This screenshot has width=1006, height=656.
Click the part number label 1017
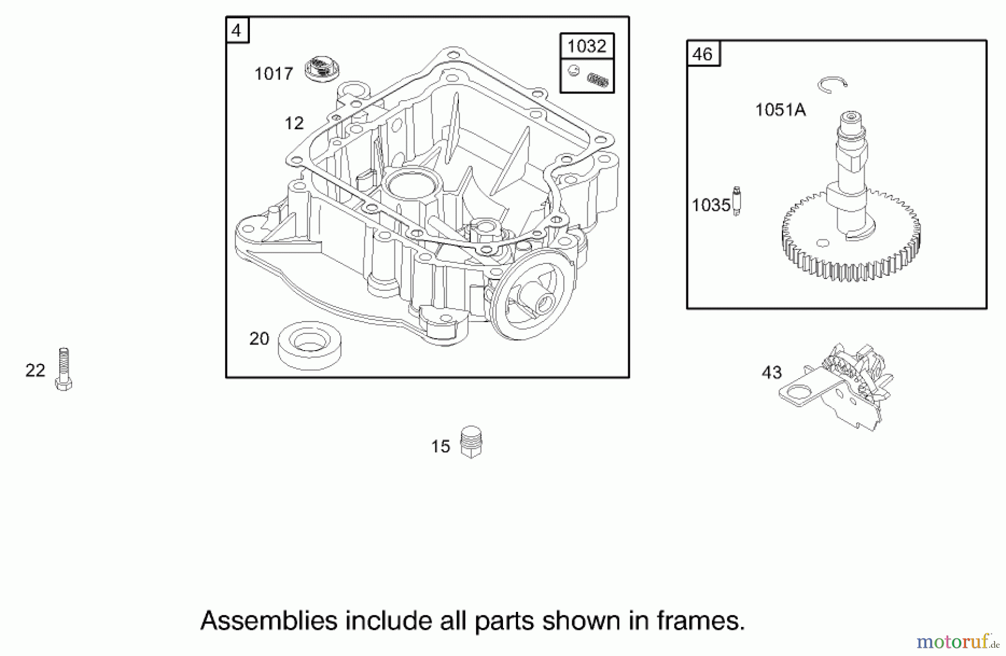[x=273, y=74]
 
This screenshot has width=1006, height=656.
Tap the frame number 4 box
[x=237, y=30]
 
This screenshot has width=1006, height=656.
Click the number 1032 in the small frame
[x=587, y=46]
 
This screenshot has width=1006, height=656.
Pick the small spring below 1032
[x=597, y=81]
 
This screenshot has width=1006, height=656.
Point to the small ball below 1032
[x=573, y=70]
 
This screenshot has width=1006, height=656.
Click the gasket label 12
[x=294, y=123]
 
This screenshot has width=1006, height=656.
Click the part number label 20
[x=259, y=339]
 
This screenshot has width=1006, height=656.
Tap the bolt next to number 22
[x=64, y=369]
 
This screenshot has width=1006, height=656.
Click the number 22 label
[x=35, y=370]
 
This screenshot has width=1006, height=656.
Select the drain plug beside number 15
[x=471, y=442]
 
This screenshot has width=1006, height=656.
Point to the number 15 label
[x=440, y=446]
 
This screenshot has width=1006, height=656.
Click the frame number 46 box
[x=703, y=54]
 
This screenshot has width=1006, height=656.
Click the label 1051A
[x=780, y=110]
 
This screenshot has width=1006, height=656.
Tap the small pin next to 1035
[x=737, y=201]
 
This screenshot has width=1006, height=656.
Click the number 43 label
[x=772, y=372]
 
